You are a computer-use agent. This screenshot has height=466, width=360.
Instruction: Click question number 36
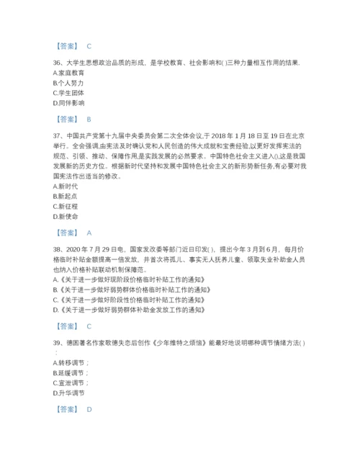point(58,63)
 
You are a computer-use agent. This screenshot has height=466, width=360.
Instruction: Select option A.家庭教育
point(68,73)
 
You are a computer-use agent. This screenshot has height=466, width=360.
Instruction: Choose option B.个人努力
point(68,83)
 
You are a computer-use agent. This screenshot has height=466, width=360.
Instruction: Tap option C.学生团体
point(68,93)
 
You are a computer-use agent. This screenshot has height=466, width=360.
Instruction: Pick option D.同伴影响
point(68,103)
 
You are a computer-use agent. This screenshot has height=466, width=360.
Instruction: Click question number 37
point(58,135)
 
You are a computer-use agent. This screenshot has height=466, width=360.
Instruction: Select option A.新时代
point(66,186)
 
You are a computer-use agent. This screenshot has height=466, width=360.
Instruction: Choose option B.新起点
point(66,196)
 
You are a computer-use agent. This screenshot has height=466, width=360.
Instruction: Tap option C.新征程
point(66,206)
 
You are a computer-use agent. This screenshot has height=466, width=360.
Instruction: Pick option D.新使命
point(66,216)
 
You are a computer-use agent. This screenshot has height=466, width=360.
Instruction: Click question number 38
point(58,248)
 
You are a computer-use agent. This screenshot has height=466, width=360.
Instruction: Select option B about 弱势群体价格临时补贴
point(130,290)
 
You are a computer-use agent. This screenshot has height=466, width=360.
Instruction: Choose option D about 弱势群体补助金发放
point(130,310)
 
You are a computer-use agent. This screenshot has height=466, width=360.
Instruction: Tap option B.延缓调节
point(70,373)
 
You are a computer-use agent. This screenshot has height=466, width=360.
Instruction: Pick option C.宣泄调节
point(70,383)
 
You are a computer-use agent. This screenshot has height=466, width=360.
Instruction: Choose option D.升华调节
point(68,393)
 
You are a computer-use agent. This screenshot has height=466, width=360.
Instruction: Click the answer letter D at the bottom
point(89,409)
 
